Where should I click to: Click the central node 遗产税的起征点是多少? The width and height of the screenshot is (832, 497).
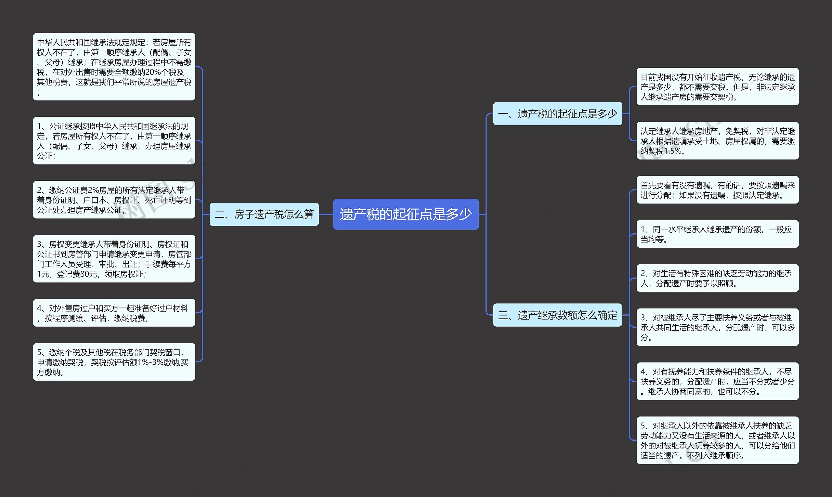pyautogui.click(x=406, y=214)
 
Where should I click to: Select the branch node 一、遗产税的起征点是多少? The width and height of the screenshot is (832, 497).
pyautogui.click(x=557, y=113)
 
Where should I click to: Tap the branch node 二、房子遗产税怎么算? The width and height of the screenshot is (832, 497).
pyautogui.click(x=264, y=214)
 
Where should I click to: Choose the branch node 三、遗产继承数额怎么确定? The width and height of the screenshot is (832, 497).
pyautogui.click(x=557, y=315)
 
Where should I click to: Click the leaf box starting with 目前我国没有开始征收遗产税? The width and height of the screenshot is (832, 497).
pyautogui.click(x=717, y=87)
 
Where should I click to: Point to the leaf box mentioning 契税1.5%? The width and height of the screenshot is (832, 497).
pyautogui.click(x=717, y=141)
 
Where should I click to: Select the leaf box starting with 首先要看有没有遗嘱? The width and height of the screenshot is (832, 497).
pyautogui.click(x=717, y=190)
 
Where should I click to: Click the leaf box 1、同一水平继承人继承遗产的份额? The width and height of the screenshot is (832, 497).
pyautogui.click(x=717, y=234)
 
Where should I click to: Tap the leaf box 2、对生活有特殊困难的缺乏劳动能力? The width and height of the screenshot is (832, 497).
pyautogui.click(x=717, y=278)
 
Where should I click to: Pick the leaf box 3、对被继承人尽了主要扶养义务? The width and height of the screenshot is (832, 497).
pyautogui.click(x=717, y=327)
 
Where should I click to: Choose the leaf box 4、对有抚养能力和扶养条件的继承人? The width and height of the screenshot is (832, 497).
pyautogui.click(x=717, y=381)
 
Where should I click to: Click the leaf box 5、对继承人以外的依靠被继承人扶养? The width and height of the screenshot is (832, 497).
pyautogui.click(x=717, y=440)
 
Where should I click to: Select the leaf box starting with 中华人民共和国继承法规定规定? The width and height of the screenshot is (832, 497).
pyautogui.click(x=114, y=67)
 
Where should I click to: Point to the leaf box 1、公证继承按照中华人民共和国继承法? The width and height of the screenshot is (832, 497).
pyautogui.click(x=114, y=141)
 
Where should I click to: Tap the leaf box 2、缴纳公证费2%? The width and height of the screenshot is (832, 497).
pyautogui.click(x=114, y=200)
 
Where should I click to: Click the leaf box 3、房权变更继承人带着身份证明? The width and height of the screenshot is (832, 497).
pyautogui.click(x=114, y=258)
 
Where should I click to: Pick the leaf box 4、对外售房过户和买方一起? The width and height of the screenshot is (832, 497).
pyautogui.click(x=114, y=313)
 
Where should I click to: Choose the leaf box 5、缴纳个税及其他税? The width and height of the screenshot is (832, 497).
pyautogui.click(x=114, y=362)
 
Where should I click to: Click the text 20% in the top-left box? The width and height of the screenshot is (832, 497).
pyautogui.click(x=153, y=72)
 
